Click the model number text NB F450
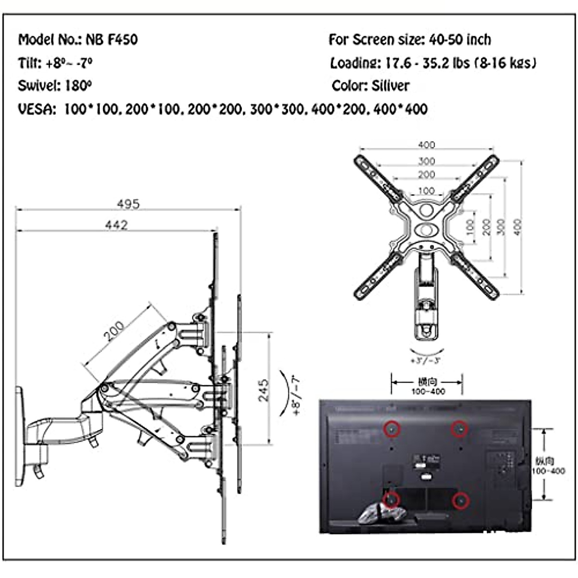(112, 39)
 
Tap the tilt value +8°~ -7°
(69, 63)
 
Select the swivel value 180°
(78, 86)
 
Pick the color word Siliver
(390, 86)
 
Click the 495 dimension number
(128, 204)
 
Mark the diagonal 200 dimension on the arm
(114, 331)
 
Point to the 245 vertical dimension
(263, 390)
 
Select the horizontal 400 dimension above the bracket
(426, 144)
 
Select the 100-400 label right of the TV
(548, 471)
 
